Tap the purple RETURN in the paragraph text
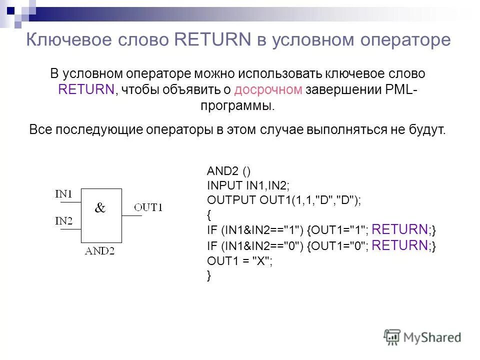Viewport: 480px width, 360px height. tap(86, 89)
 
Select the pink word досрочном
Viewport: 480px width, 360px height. tap(268, 89)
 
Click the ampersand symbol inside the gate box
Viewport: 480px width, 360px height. tap(100, 208)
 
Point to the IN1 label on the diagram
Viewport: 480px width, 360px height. tap(64, 194)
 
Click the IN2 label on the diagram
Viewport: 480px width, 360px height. tap(64, 220)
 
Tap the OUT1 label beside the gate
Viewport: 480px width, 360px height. tap(148, 207)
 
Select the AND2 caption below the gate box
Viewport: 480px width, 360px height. tap(100, 251)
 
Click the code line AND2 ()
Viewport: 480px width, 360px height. tap(225, 171)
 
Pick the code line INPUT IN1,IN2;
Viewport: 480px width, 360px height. tap(248, 185)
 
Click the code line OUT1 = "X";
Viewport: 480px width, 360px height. tap(240, 260)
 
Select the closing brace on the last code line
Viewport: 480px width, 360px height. tap(209, 275)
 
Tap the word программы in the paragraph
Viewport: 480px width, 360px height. tap(237, 106)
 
